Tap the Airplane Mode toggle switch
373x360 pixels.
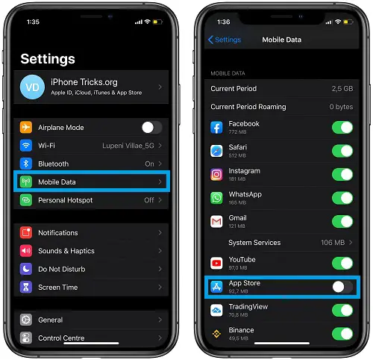click(152, 128)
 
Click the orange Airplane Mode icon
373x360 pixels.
click(26, 127)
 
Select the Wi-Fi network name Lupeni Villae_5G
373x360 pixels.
click(128, 146)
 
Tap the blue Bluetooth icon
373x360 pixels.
click(26, 164)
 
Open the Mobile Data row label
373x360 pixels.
click(57, 182)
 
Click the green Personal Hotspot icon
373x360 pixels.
click(26, 200)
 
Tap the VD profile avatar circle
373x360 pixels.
click(32, 87)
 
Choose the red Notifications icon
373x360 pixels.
click(26, 233)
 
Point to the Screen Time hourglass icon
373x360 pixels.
click(26, 287)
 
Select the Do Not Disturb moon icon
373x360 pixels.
click(26, 269)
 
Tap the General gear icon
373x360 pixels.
click(26, 320)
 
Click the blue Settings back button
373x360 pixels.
click(225, 40)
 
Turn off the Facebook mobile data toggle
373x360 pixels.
click(342, 128)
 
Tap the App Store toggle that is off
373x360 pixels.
click(342, 287)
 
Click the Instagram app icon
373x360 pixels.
click(216, 175)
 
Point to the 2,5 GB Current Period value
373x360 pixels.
click(342, 89)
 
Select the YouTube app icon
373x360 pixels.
click(216, 263)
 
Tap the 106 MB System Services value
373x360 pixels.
click(333, 243)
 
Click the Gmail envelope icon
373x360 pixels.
click(216, 221)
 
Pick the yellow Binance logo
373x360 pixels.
click(216, 334)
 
